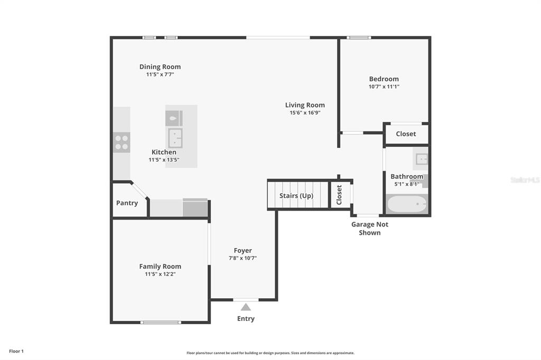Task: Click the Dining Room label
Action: pyautogui.click(x=160, y=67)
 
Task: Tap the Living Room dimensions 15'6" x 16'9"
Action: pyautogui.click(x=305, y=113)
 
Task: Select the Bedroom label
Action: pyautogui.click(x=384, y=79)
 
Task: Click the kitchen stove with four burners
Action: pyautogui.click(x=122, y=142)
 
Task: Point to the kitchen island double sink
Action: pyautogui.click(x=175, y=138)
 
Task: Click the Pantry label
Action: pyautogui.click(x=127, y=203)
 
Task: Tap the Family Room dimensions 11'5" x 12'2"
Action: pyautogui.click(x=160, y=274)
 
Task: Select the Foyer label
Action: pyautogui.click(x=242, y=250)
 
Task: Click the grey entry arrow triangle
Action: pyautogui.click(x=246, y=307)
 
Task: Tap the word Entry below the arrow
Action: pyautogui.click(x=246, y=319)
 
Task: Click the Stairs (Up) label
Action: pyautogui.click(x=296, y=195)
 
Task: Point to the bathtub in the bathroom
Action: pyautogui.click(x=407, y=204)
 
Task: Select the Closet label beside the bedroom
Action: pyautogui.click(x=406, y=134)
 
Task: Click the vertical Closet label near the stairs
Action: pyautogui.click(x=339, y=195)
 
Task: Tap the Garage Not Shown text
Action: pyautogui.click(x=369, y=228)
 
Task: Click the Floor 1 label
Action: pyautogui.click(x=16, y=351)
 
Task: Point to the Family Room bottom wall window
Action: pyautogui.click(x=161, y=323)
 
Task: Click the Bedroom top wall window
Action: pyautogui.click(x=359, y=37)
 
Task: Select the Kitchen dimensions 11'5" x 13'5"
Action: pyautogui.click(x=164, y=159)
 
